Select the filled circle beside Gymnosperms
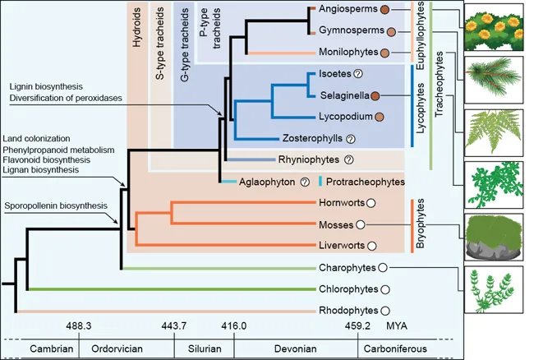(392, 32)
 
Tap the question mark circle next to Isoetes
(357, 75)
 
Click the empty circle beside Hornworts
(371, 203)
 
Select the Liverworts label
(341, 245)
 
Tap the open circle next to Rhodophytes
(384, 311)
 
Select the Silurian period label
(197, 348)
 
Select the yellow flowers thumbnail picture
(493, 29)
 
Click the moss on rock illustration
(493, 238)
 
